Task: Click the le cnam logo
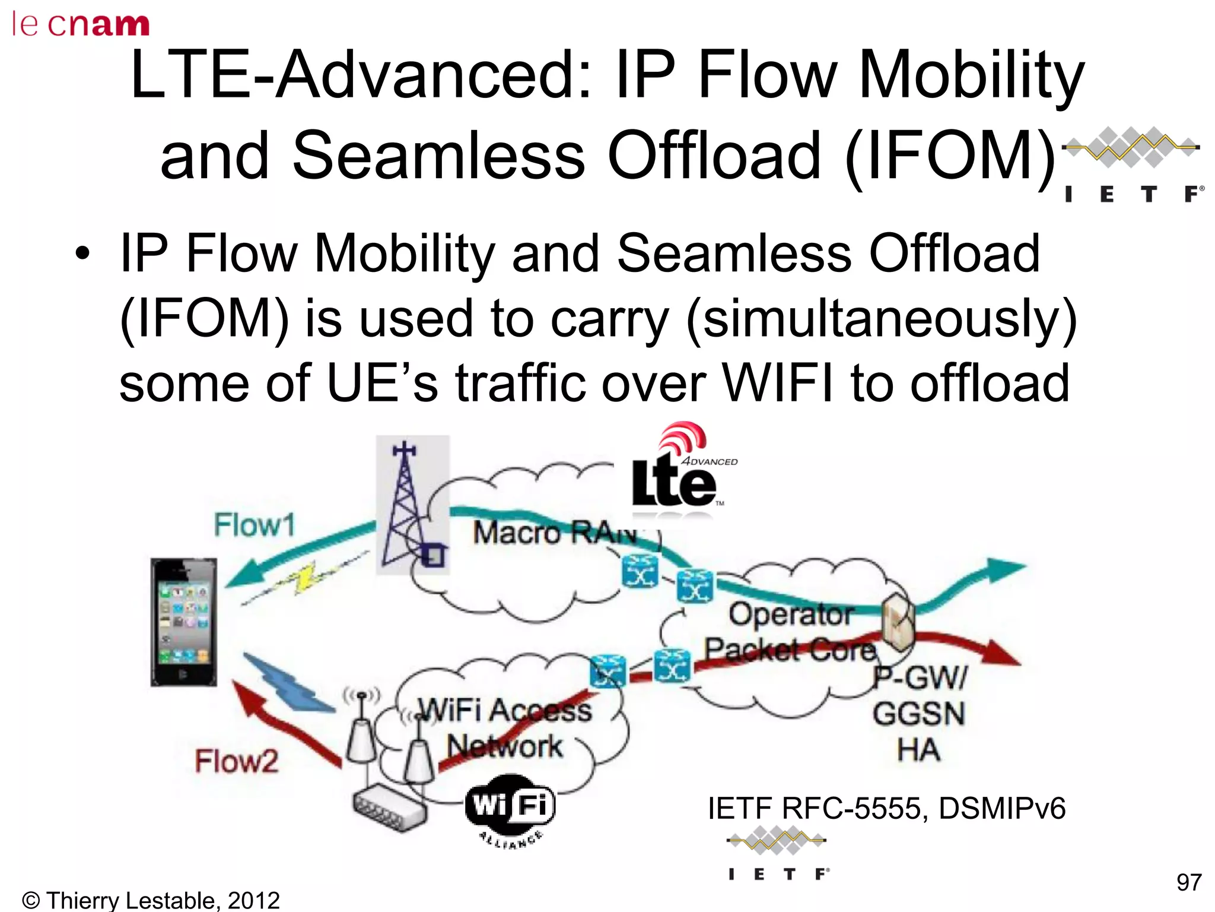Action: (81, 24)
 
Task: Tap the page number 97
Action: (1189, 882)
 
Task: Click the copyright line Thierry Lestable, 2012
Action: (150, 900)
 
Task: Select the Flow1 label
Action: (255, 525)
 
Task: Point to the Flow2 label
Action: (237, 761)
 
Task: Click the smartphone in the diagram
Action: (183, 622)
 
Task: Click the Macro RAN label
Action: (555, 532)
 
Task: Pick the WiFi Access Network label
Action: (505, 728)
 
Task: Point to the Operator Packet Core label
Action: (791, 632)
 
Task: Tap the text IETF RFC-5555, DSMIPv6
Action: (886, 809)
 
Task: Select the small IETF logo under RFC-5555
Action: (777, 855)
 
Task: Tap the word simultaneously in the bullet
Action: (881, 319)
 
